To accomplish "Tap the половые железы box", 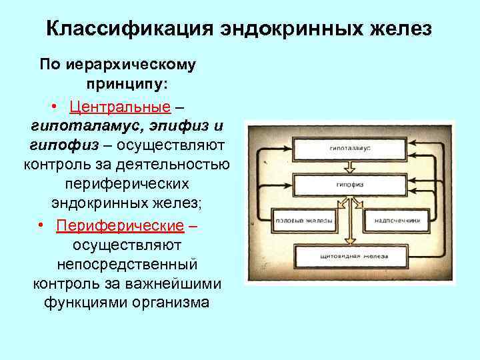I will [x=303, y=219].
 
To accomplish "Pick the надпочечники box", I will [x=396, y=219].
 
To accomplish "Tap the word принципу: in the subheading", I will [x=127, y=86].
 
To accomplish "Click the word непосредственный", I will [x=127, y=265].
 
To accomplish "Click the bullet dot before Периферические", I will [x=41, y=227].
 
